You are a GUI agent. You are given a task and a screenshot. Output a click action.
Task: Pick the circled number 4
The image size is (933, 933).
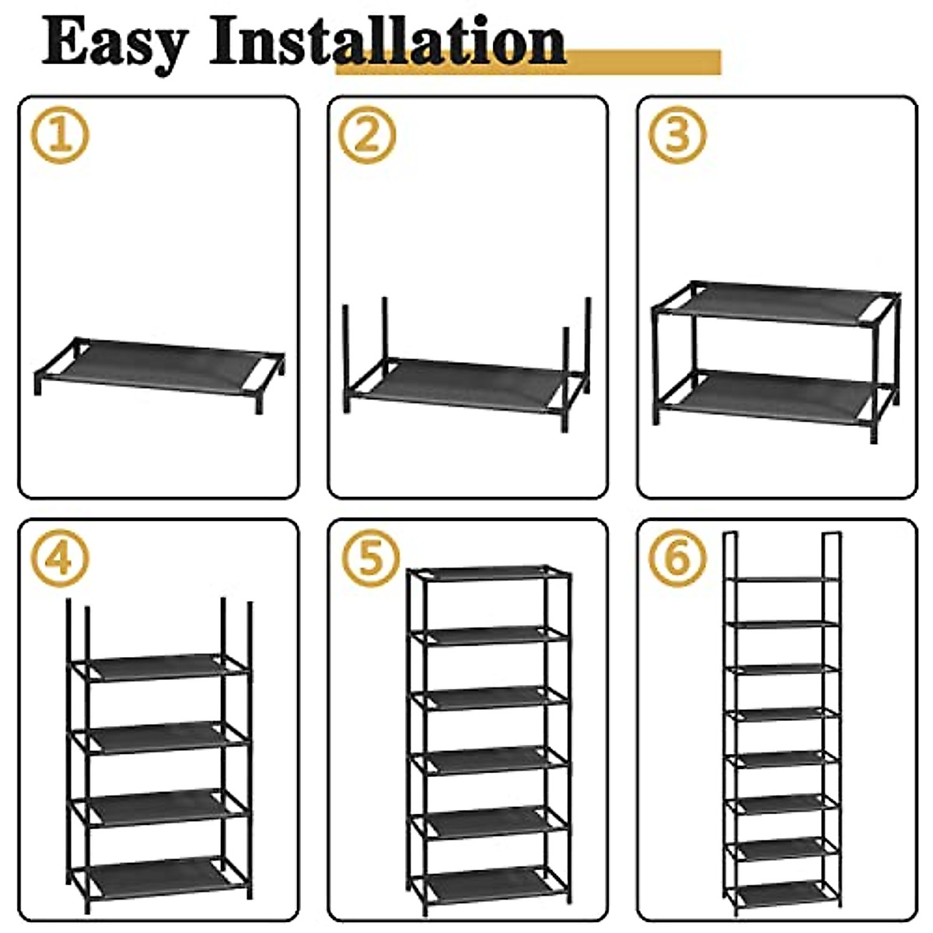click(60, 557)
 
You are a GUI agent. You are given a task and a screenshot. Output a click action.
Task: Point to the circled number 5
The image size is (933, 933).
click(370, 557)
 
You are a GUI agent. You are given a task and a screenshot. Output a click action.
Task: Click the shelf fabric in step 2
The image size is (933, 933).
click(466, 382)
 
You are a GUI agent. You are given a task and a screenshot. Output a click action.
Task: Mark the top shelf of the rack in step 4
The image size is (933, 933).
click(159, 666)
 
